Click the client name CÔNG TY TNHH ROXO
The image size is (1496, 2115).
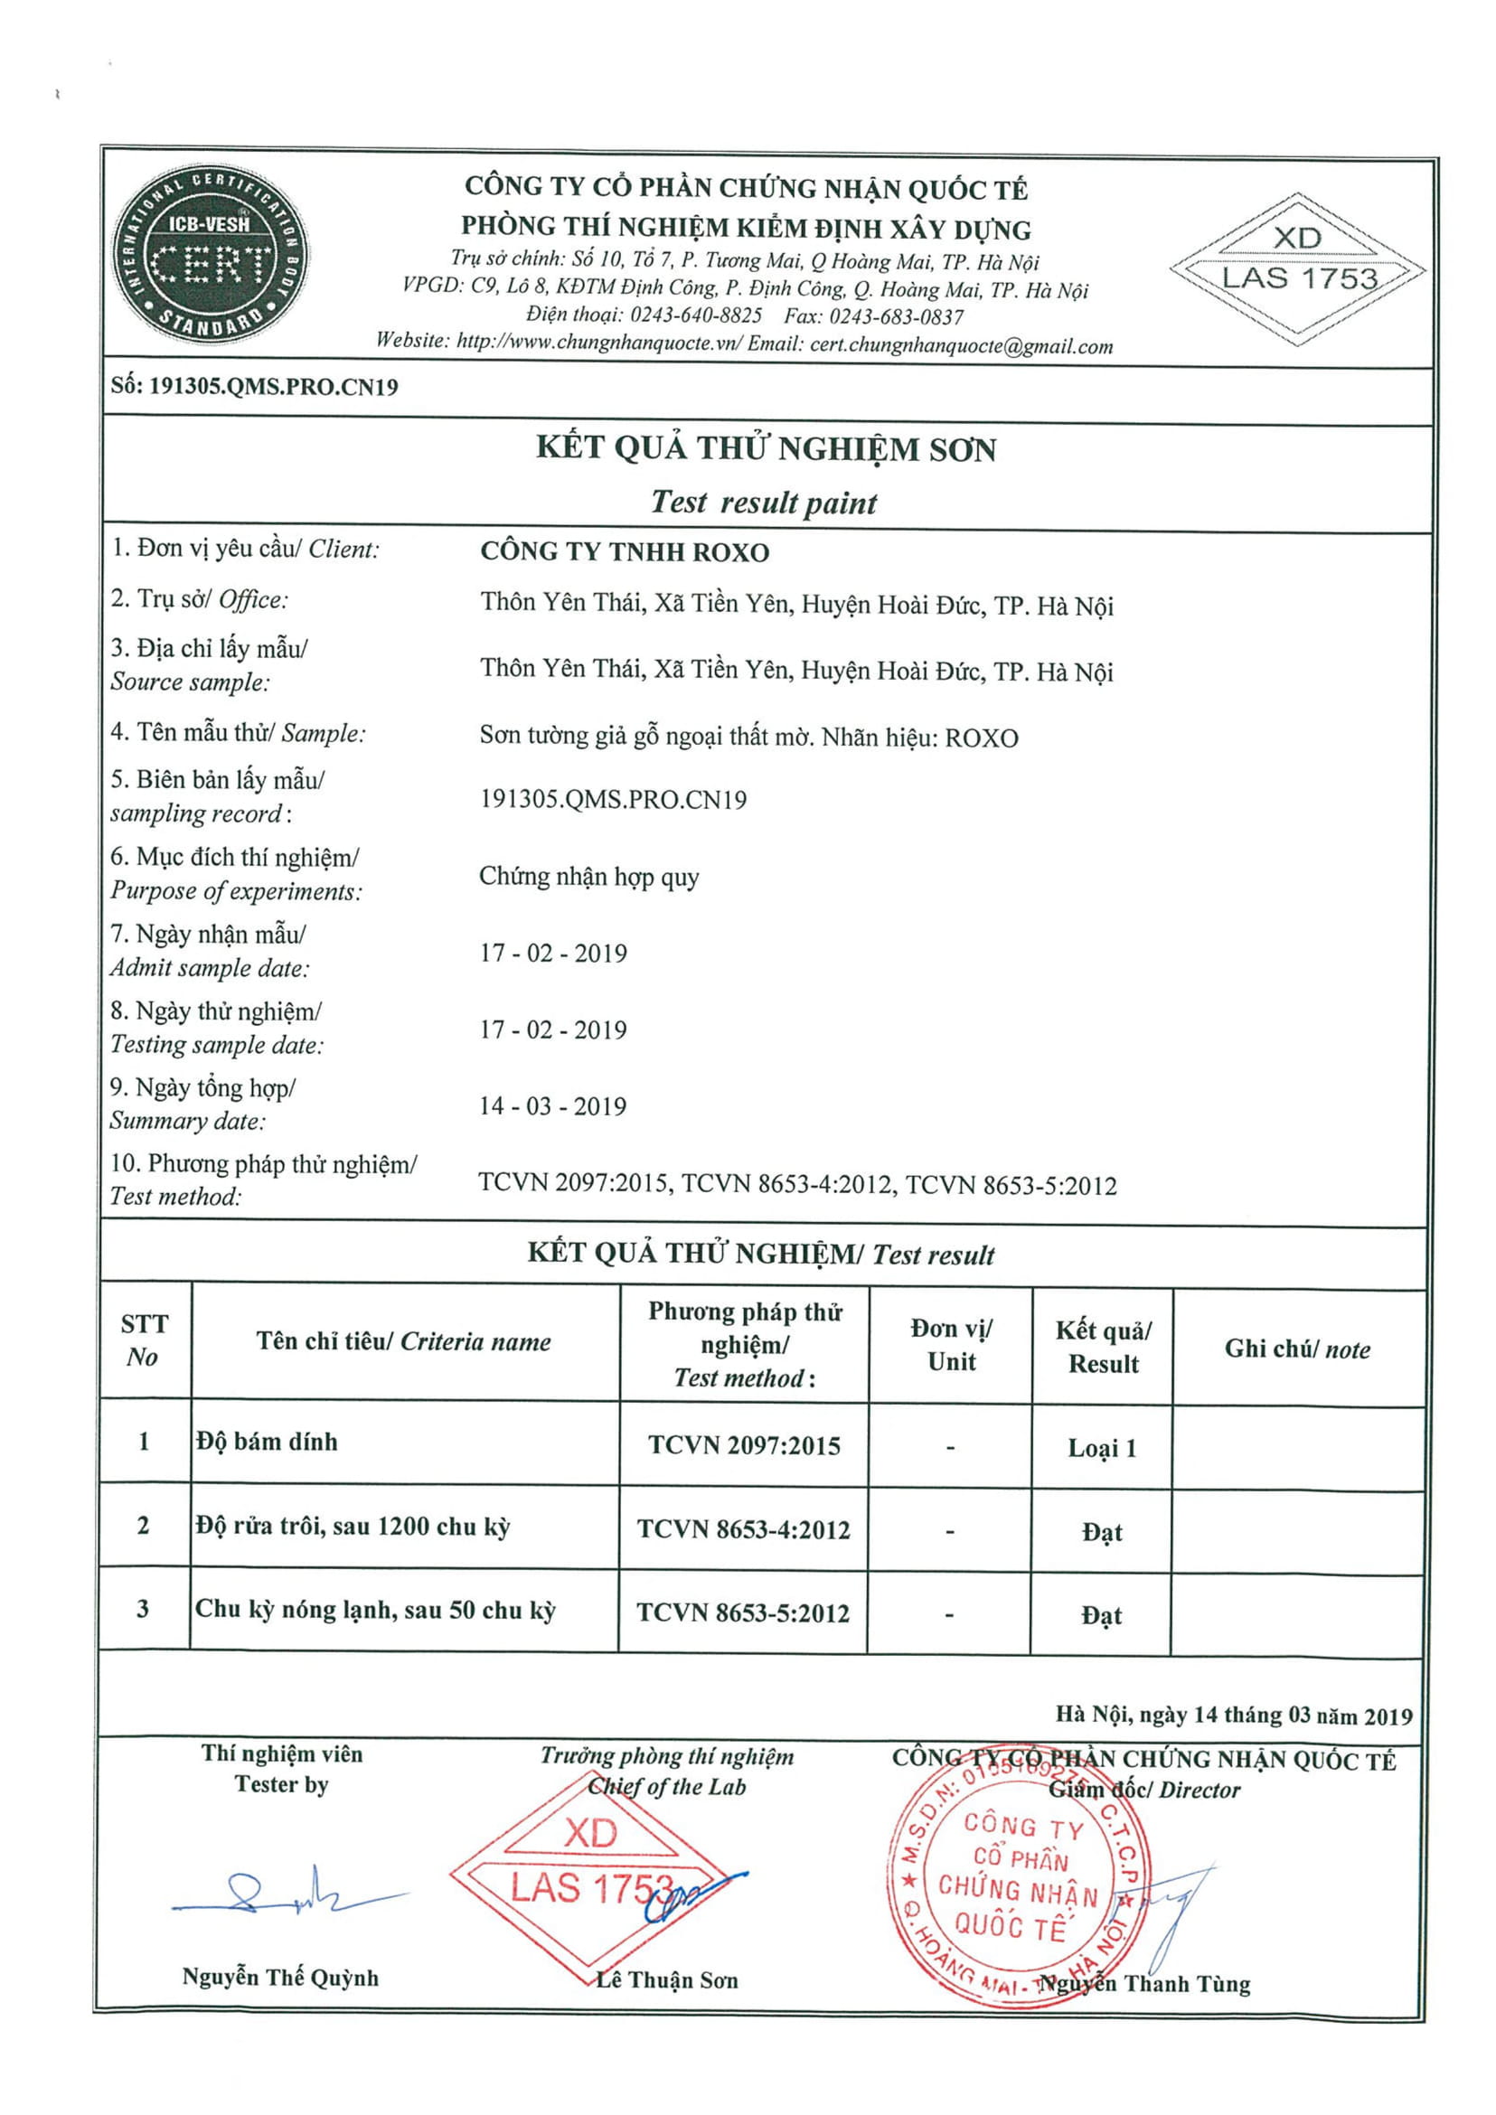pyautogui.click(x=624, y=552)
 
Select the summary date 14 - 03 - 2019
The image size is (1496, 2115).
pyautogui.click(x=552, y=1106)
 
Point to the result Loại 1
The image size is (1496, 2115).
pyautogui.click(x=1102, y=1448)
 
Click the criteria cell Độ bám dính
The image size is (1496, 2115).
pyautogui.click(x=267, y=1442)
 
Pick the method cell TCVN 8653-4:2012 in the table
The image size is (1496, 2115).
pyautogui.click(x=743, y=1530)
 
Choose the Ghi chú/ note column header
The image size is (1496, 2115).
pyautogui.click(x=1297, y=1349)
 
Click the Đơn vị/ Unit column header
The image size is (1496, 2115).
pyautogui.click(x=951, y=1345)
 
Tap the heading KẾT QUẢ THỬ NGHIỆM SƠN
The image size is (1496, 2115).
pyautogui.click(x=767, y=448)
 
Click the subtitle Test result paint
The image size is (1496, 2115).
pyautogui.click(x=764, y=503)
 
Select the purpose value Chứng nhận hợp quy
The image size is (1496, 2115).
pyautogui.click(x=588, y=876)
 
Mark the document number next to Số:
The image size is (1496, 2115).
pyautogui.click(x=274, y=387)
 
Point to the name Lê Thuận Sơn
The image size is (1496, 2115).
pyautogui.click(x=667, y=1980)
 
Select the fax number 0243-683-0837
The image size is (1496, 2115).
pyautogui.click(x=896, y=317)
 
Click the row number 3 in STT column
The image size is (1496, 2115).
pyautogui.click(x=143, y=1609)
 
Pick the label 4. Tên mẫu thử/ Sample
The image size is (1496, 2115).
pyautogui.click(x=238, y=733)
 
